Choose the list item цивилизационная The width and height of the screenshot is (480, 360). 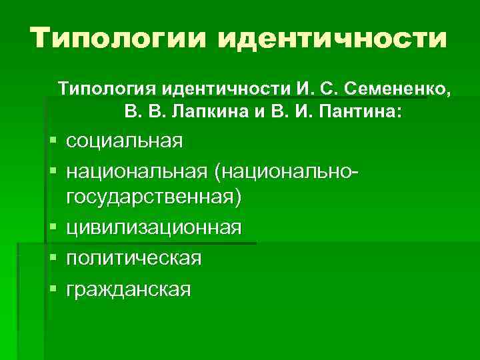tap(154, 227)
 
